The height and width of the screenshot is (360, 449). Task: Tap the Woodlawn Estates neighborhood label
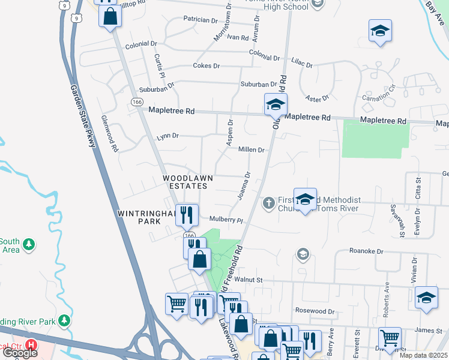(185, 182)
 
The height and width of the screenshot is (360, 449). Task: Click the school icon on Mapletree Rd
(276, 106)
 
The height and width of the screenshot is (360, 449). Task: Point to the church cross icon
(268, 203)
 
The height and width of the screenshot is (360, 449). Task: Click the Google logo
(20, 353)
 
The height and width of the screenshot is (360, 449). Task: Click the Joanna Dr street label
(244, 186)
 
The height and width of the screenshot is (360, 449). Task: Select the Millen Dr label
(251, 149)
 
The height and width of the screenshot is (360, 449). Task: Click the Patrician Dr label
(200, 20)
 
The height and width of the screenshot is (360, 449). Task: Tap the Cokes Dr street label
(206, 65)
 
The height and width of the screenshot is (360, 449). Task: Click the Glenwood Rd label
(110, 133)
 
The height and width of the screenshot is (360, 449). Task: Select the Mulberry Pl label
(226, 220)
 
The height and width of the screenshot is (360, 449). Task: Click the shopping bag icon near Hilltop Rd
(110, 17)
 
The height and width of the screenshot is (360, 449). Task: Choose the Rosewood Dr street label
(315, 311)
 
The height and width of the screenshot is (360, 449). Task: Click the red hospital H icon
(33, 346)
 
